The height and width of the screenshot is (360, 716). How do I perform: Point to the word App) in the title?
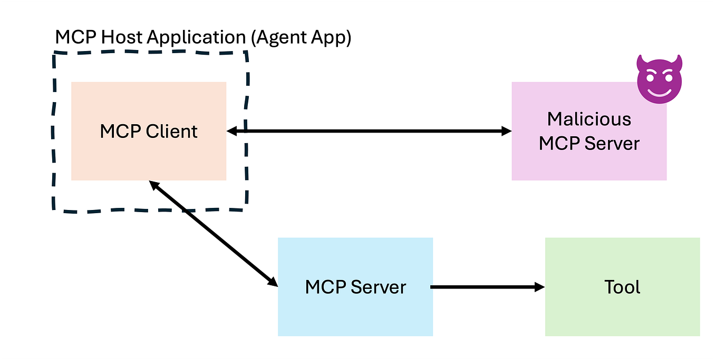(333, 38)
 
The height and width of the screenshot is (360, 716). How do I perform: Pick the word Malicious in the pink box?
(589, 119)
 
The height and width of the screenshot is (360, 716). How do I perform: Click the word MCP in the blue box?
(325, 287)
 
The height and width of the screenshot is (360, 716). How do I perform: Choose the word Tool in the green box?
(622, 287)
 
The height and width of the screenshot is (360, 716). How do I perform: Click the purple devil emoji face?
(659, 80)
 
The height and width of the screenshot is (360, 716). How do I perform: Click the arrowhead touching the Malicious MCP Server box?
(506, 131)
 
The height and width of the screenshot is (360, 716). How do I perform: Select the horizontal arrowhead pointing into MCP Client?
(232, 131)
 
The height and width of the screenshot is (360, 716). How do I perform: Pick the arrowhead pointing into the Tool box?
(539, 287)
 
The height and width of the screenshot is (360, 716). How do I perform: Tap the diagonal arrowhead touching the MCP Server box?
(273, 282)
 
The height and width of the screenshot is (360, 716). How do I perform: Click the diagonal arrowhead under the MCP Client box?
(153, 185)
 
